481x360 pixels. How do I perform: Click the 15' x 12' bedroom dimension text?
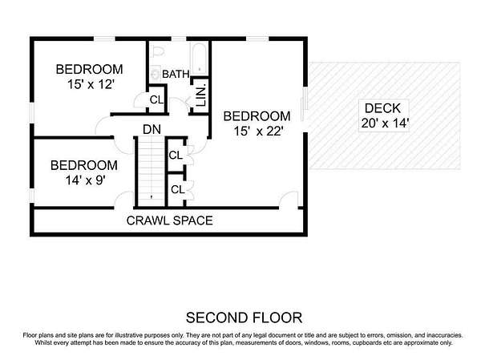pos(91,84)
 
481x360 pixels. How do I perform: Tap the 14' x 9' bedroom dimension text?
pos(86,180)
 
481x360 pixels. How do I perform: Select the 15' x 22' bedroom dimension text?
pos(258,131)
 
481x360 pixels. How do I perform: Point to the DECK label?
pos(383,108)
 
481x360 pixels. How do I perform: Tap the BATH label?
pos(176,74)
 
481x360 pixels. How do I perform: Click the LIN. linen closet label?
pos(201,96)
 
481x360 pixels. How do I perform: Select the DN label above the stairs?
pos(152,129)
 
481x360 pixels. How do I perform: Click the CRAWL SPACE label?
pos(169,220)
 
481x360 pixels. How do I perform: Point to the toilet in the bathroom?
pos(158,51)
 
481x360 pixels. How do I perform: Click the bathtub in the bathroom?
pos(199,59)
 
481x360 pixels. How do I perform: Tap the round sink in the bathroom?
pos(156,74)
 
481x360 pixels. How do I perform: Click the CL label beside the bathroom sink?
pos(156,99)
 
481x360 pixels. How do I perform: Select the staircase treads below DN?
pos(152,172)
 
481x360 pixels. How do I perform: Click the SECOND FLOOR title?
pos(244,318)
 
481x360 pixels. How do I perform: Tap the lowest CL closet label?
pos(178,189)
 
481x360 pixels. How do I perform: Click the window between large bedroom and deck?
pos(305,104)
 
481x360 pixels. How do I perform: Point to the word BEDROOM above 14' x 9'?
pos(84,165)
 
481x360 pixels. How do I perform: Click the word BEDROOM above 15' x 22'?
pos(257,116)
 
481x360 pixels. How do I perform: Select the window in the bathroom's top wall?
pos(179,38)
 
